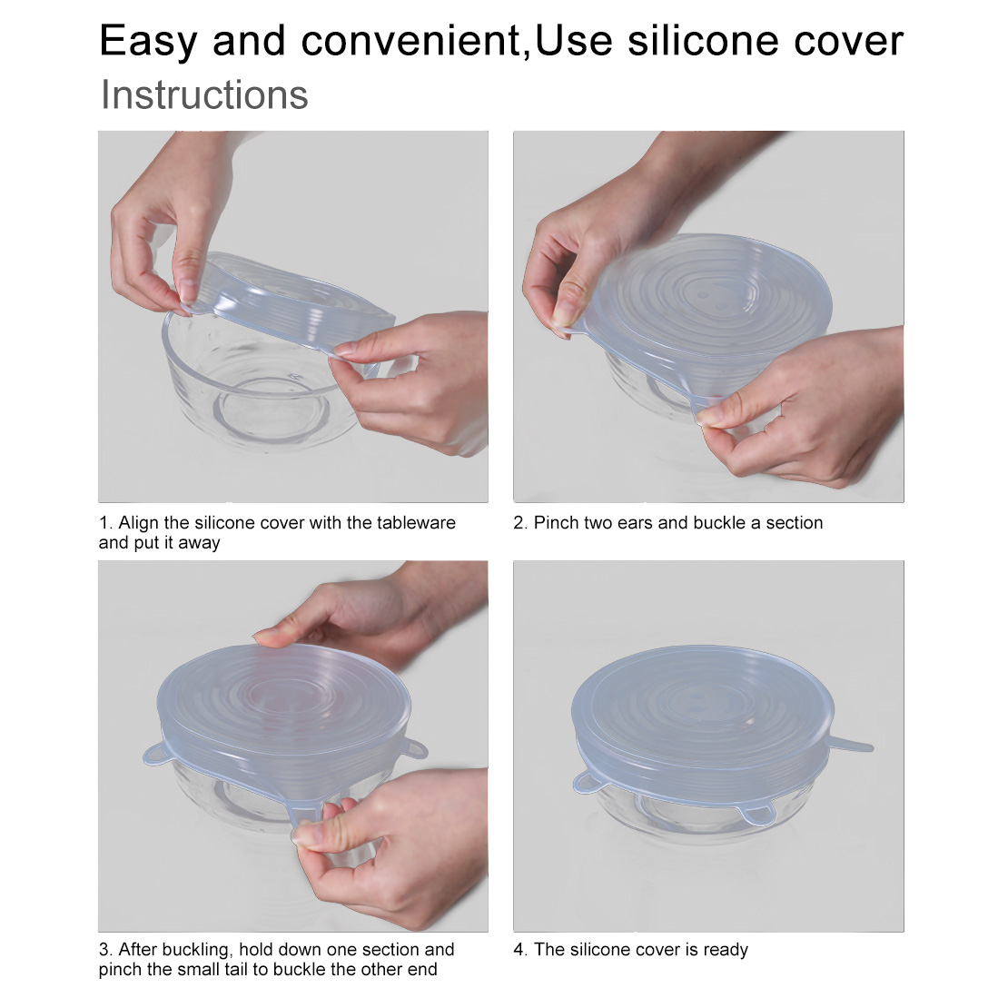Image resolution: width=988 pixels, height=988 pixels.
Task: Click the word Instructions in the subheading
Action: click(x=204, y=94)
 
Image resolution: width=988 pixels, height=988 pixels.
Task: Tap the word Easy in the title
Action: click(x=149, y=42)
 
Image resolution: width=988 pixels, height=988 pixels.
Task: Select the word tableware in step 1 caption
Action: click(x=416, y=522)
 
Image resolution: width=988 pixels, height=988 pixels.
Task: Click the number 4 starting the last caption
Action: click(x=519, y=949)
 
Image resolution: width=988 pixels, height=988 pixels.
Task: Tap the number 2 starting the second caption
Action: click(x=519, y=523)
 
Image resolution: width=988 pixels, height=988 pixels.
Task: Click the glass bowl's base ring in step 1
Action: click(x=272, y=410)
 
